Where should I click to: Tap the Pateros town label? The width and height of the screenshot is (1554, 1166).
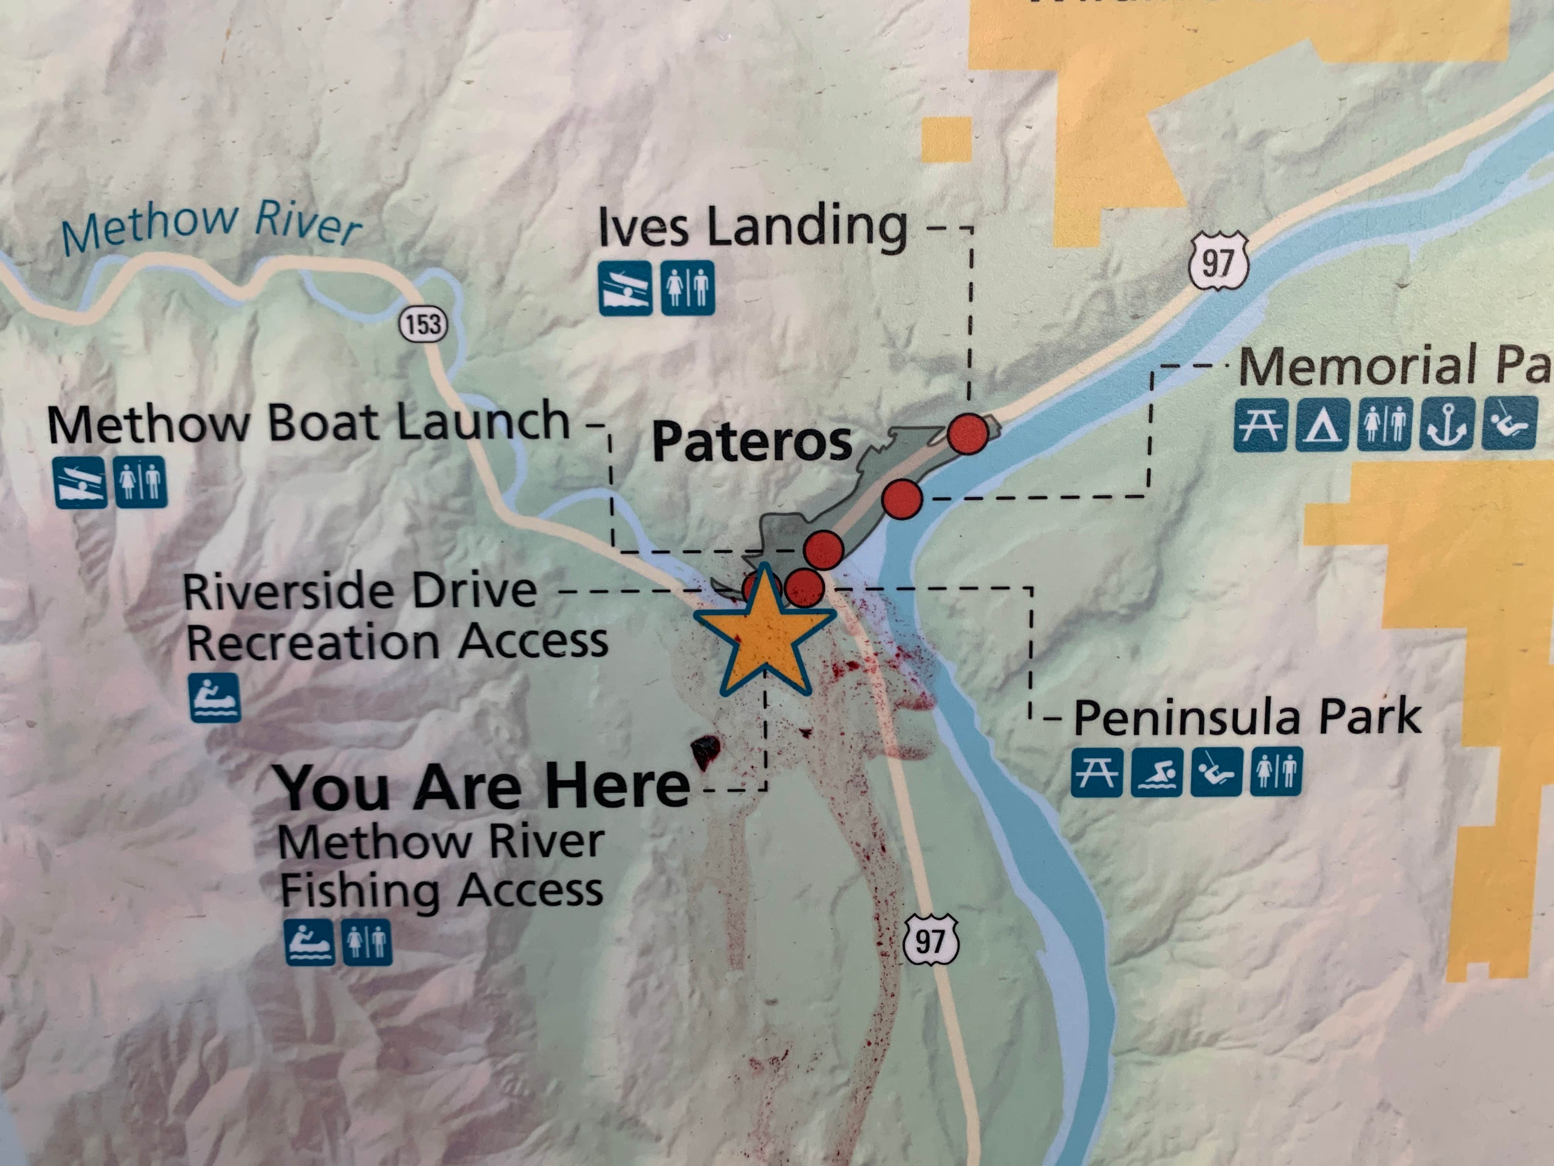coord(751,441)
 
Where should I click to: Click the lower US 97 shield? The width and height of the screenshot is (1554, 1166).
coord(930,940)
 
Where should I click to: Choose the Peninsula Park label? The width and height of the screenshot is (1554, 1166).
coord(1247,718)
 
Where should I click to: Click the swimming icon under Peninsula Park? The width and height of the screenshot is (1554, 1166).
coord(1155,772)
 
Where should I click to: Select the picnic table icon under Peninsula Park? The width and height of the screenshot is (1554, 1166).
coord(1096,772)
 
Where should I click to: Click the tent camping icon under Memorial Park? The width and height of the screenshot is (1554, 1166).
coord(1322,425)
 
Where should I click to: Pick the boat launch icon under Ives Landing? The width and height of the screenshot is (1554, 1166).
coord(624,288)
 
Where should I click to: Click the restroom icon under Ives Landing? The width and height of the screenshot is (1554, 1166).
coord(687,288)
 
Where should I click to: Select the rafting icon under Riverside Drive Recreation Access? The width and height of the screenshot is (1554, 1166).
coord(214,698)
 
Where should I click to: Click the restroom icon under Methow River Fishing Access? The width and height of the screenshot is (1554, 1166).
coord(367,942)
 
